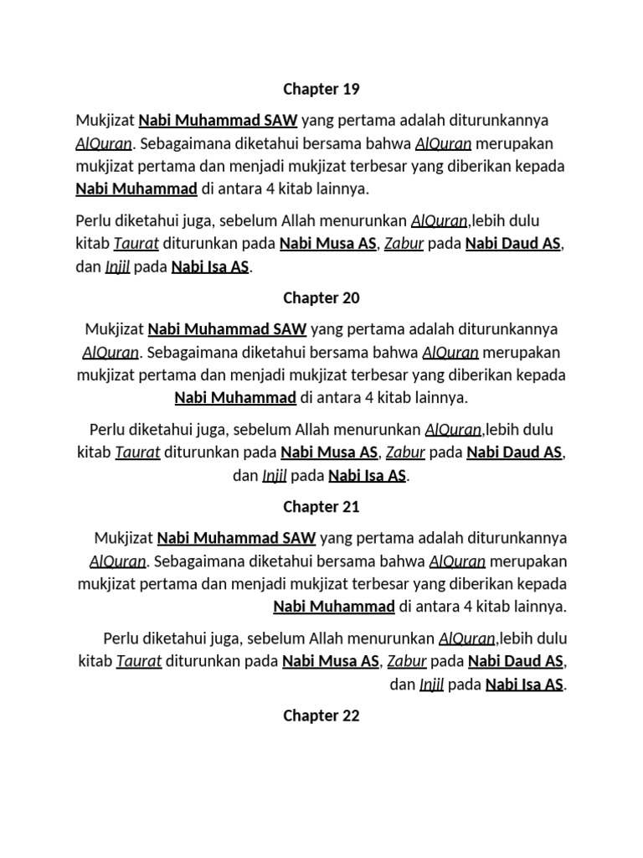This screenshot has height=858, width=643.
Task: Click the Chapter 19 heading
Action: point(321,89)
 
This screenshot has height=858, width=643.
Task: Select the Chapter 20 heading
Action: point(321,297)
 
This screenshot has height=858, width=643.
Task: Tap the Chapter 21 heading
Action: point(321,506)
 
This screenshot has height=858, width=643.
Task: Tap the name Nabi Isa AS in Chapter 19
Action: point(210,268)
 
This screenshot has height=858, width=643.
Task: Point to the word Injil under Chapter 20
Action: point(275,477)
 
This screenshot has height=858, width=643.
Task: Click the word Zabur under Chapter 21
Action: point(408,662)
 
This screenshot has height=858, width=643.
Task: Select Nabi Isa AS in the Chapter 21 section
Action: point(524,685)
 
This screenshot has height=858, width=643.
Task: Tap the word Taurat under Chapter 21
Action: point(139,662)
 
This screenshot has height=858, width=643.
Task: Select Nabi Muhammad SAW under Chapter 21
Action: point(236,537)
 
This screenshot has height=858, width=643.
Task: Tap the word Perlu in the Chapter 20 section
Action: point(107,430)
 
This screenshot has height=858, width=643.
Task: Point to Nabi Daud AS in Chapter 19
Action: point(514,245)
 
